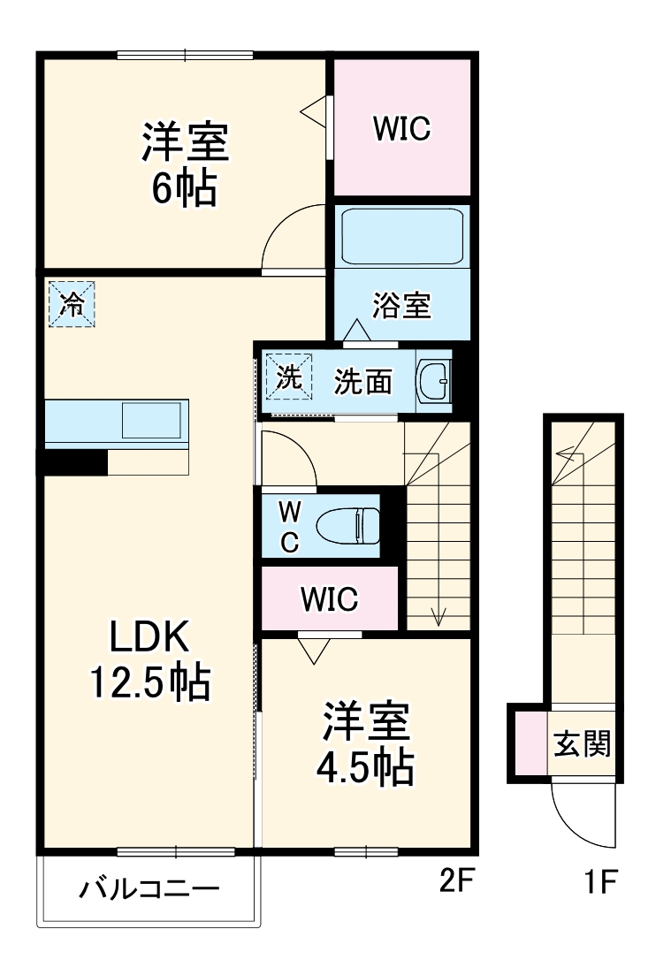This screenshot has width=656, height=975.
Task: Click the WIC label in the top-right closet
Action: tap(400, 129)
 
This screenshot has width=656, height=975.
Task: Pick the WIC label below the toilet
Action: tap(329, 599)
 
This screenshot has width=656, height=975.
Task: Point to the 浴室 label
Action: tap(400, 306)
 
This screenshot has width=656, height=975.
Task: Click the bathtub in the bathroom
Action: tap(402, 236)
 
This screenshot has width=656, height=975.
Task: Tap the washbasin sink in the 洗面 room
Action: tap(433, 382)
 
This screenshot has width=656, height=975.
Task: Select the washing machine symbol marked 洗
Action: tap(290, 377)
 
